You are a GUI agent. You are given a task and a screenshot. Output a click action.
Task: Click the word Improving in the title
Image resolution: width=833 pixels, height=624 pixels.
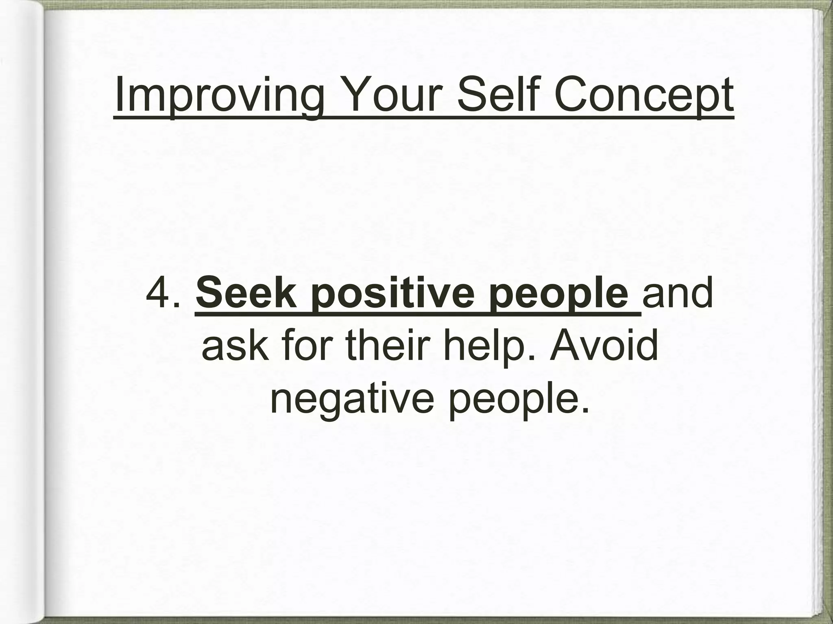pyautogui.click(x=220, y=97)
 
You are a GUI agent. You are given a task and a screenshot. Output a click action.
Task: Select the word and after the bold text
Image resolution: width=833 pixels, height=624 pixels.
pyautogui.click(x=677, y=292)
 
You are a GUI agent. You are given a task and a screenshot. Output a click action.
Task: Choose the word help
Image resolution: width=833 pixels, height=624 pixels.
pyautogui.click(x=488, y=345)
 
